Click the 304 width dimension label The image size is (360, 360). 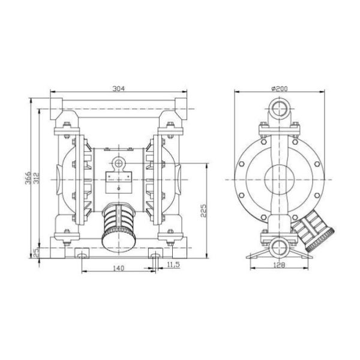[x=119, y=89]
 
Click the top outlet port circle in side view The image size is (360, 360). [x=279, y=110]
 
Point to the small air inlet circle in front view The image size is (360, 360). [x=119, y=163]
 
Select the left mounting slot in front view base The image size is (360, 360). [x=81, y=256]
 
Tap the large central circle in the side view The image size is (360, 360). [x=279, y=179]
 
